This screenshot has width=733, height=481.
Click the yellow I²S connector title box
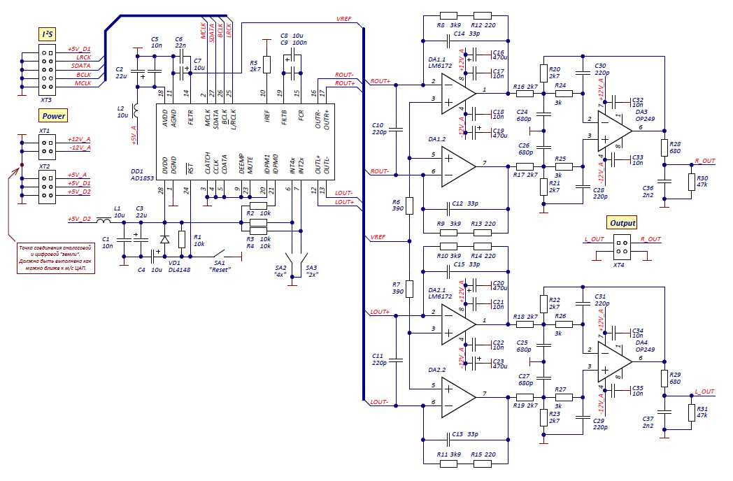pyautogui.click(x=48, y=34)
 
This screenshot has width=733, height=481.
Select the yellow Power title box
pyautogui.click(x=53, y=116)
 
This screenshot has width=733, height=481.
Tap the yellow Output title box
pyautogui.click(x=622, y=223)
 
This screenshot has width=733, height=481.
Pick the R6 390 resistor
pyautogui.click(x=410, y=206)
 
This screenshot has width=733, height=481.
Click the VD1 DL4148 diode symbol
pyautogui.click(x=164, y=240)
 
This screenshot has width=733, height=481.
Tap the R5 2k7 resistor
pyautogui.click(x=266, y=64)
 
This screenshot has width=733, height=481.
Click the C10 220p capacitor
pyautogui.click(x=396, y=129)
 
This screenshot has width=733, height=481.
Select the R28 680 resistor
pyautogui.click(x=664, y=148)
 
